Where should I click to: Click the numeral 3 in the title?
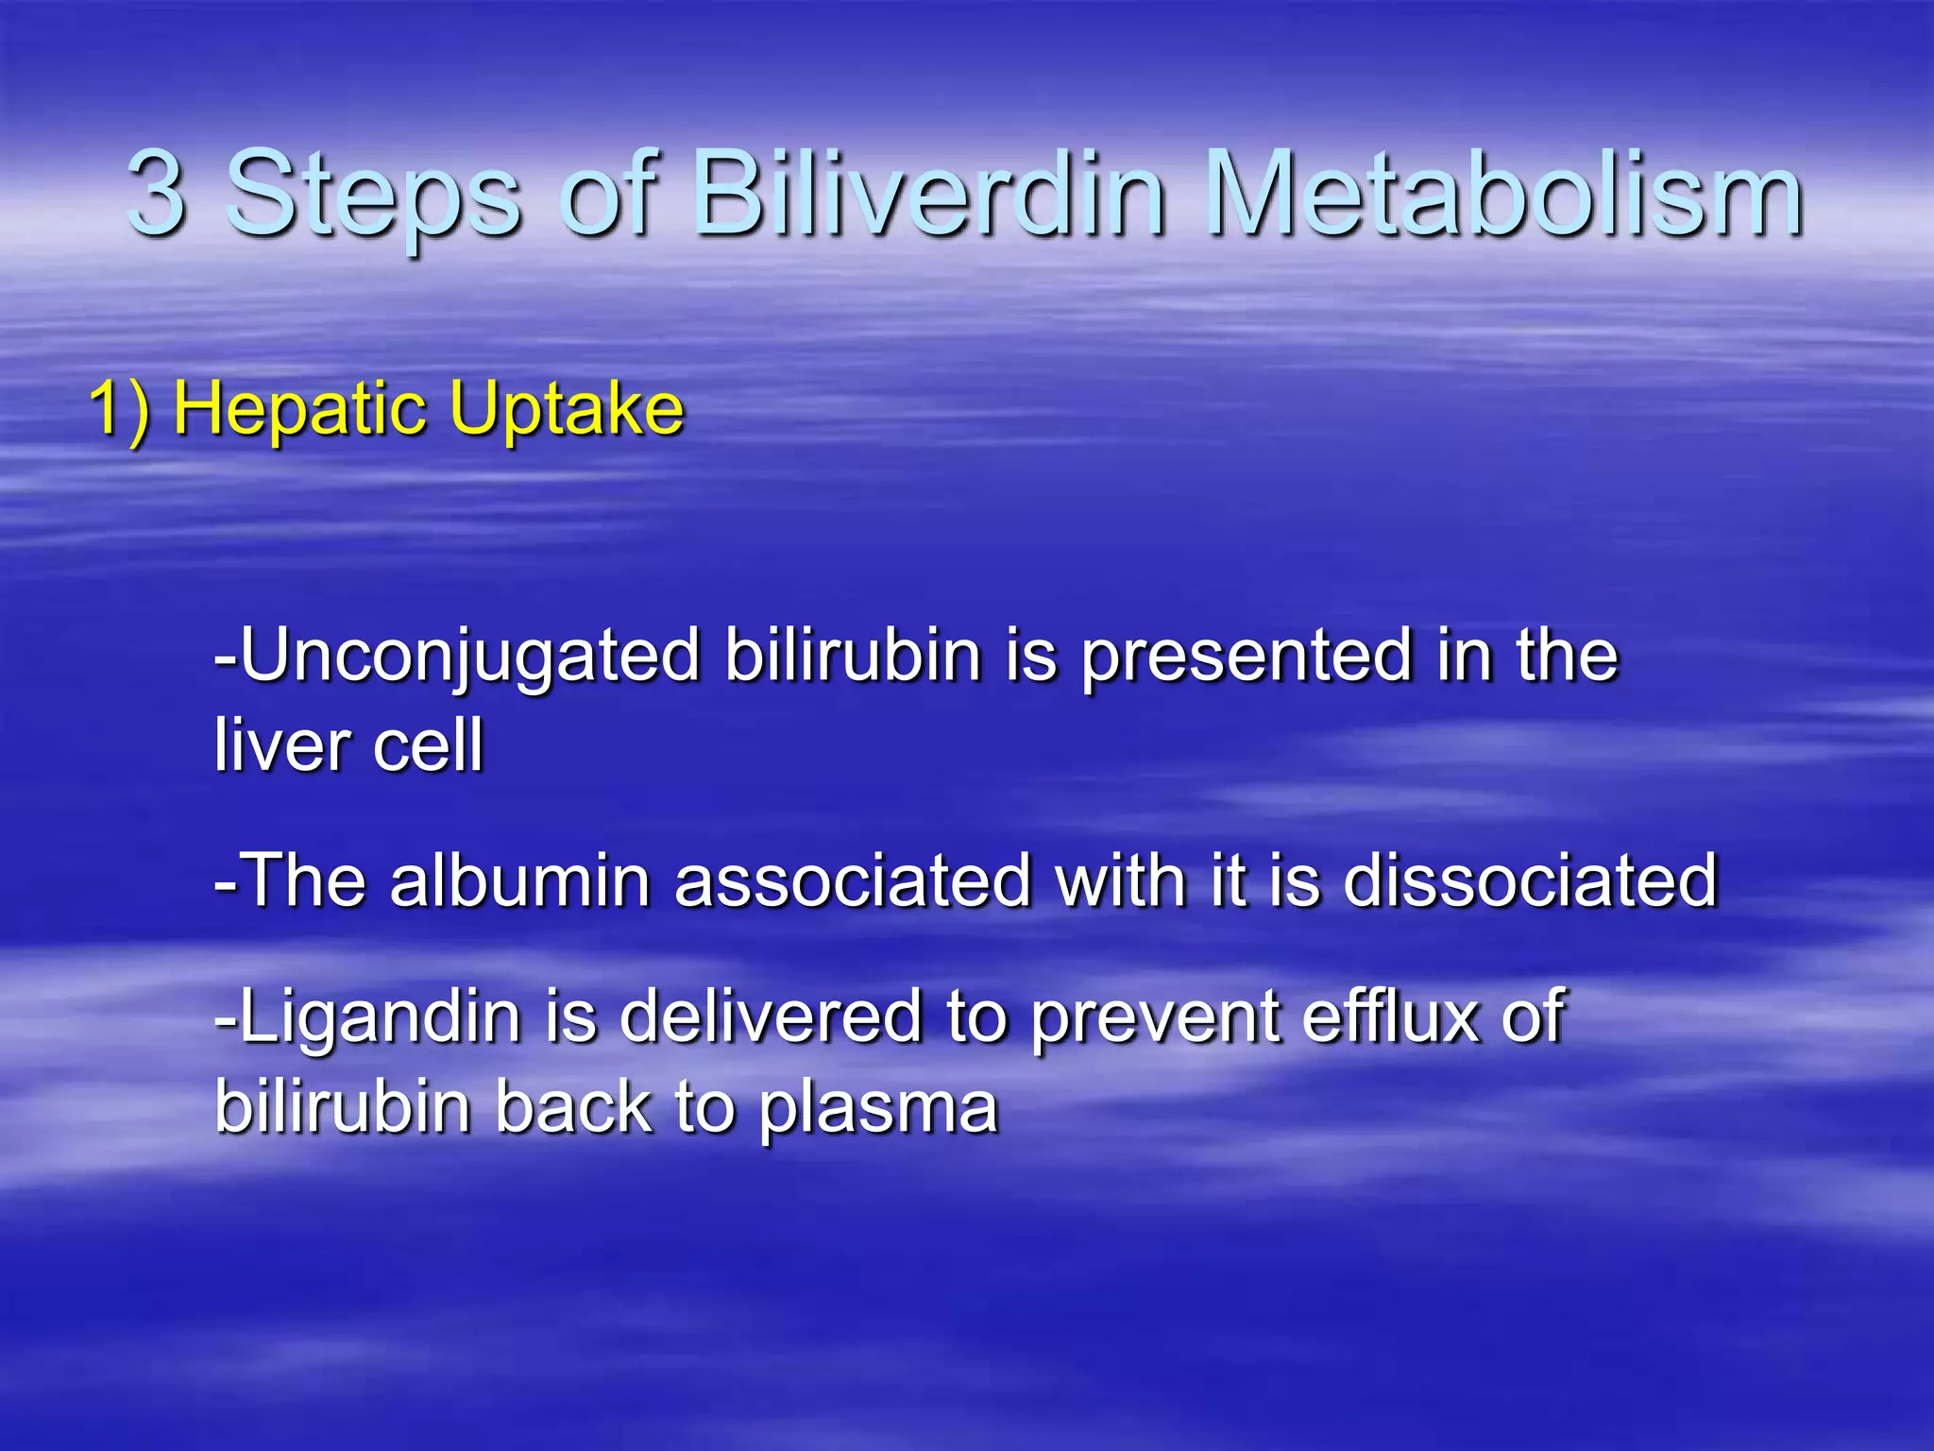pyautogui.click(x=156, y=194)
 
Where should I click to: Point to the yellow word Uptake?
pyautogui.click(x=566, y=411)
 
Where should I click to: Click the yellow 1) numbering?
pyautogui.click(x=119, y=411)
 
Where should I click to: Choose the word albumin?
pyautogui.click(x=519, y=881)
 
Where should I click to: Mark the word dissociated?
pyautogui.click(x=1530, y=881)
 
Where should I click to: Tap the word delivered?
pyautogui.click(x=770, y=1018)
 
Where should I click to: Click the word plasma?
pyautogui.click(x=878, y=1108)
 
